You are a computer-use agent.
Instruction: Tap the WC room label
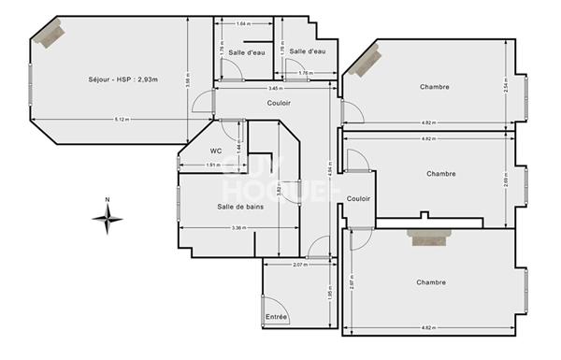coord(216,150)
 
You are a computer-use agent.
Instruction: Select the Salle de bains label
coord(239,207)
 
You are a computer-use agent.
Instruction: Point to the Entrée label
coord(277,318)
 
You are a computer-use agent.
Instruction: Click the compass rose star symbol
coord(108,220)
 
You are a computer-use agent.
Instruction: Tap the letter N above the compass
coord(108,199)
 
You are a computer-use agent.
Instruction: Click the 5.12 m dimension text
coord(122,120)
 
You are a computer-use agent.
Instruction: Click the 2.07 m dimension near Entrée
coord(299,266)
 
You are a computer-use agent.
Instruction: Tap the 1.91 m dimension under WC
coord(212,166)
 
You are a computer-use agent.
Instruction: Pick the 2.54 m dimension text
coord(505,86)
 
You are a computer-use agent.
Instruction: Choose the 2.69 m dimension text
coord(505,180)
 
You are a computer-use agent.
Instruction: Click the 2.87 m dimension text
coord(352,280)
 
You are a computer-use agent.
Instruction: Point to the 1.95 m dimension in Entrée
coord(329,295)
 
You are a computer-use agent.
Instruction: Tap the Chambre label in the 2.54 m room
coord(436,87)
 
